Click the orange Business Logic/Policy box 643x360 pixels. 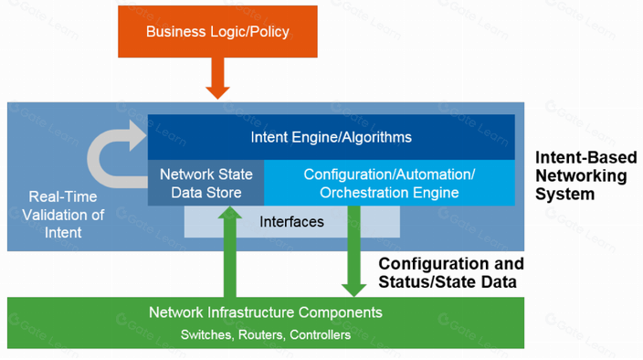[217, 31]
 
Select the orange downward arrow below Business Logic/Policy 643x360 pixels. [217, 78]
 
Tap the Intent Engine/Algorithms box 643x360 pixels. [331, 137]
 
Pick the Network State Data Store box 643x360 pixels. [206, 183]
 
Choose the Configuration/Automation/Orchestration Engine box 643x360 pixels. [390, 183]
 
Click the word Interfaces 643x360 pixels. [291, 222]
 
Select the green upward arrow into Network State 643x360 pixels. [230, 251]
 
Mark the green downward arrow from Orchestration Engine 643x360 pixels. [353, 251]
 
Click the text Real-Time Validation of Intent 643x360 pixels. [63, 215]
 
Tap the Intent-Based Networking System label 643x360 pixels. [586, 175]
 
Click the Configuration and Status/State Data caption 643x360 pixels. [451, 272]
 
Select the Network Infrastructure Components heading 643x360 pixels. [265, 312]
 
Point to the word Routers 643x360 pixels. [261, 335]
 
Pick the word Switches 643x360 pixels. [207, 335]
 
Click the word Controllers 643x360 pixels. [320, 335]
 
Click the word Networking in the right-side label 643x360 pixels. [581, 176]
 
